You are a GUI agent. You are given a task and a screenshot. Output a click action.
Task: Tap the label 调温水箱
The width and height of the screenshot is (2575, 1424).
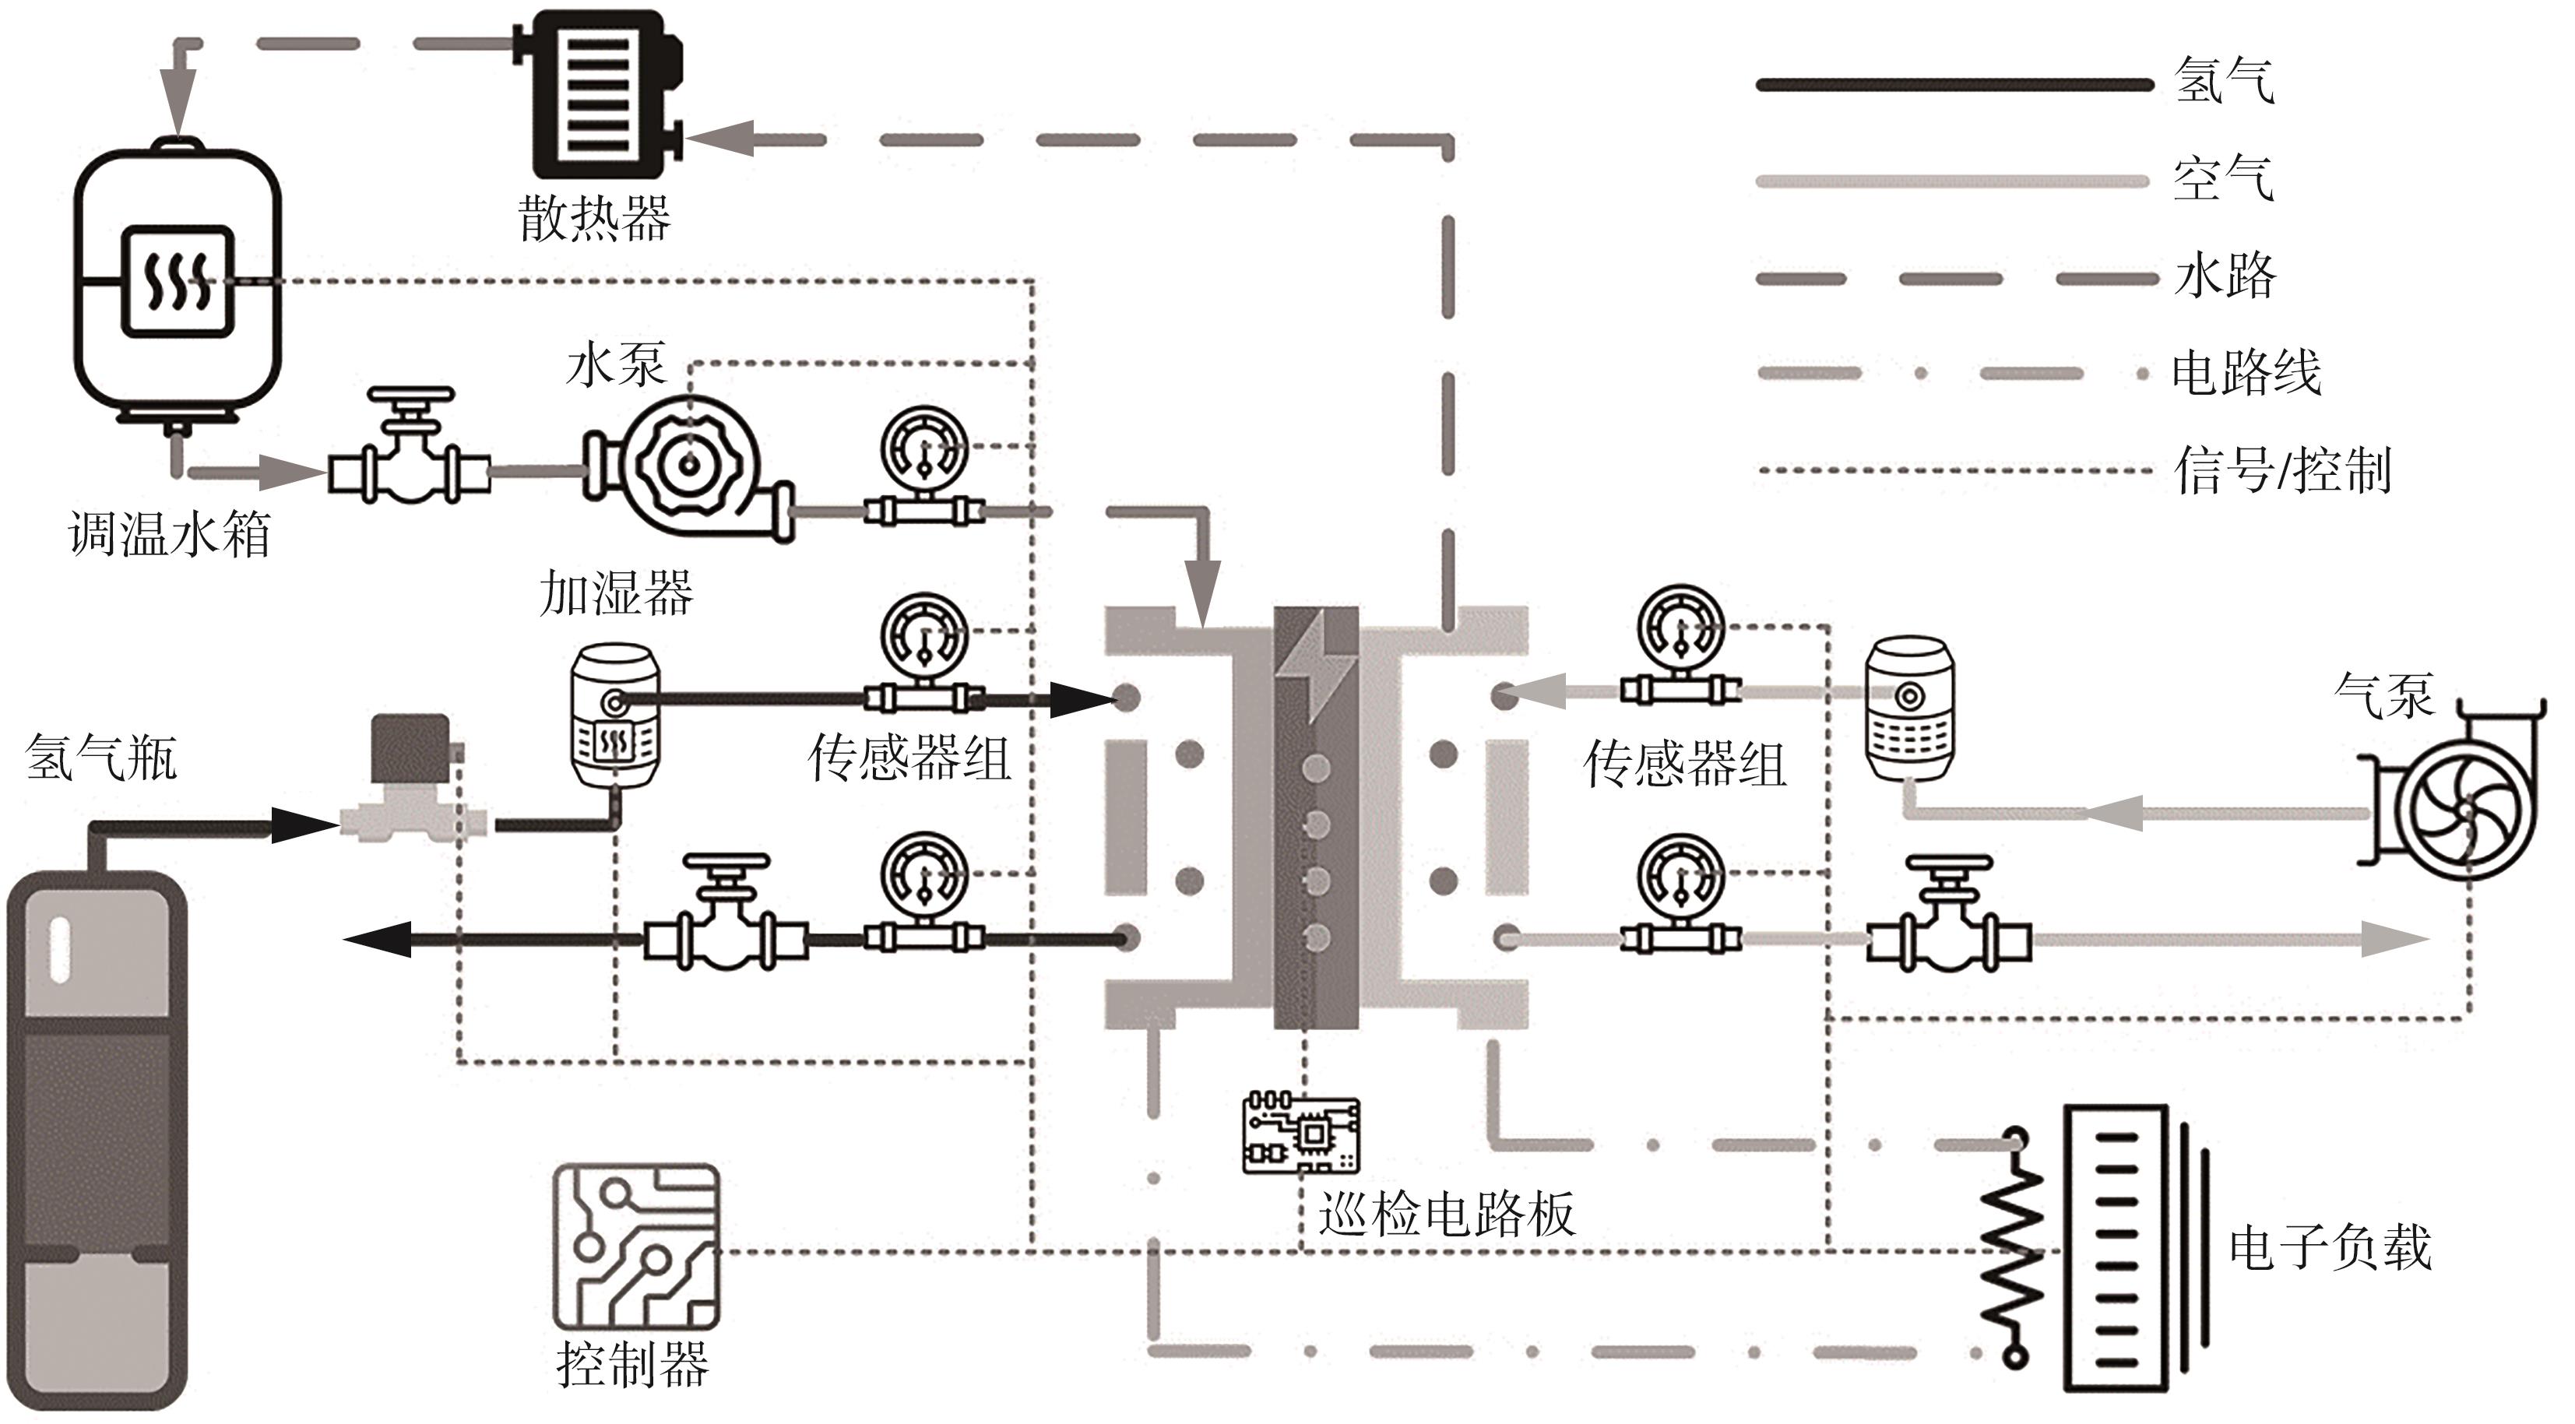click(170, 535)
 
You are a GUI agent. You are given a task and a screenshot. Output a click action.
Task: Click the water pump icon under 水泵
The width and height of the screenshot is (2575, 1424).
click(690, 466)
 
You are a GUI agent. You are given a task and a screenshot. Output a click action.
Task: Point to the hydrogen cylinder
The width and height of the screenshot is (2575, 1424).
click(97, 1139)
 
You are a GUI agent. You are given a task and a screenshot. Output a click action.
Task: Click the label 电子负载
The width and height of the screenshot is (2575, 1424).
click(2330, 1248)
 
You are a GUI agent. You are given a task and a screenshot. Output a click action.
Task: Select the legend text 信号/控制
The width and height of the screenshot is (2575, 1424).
click(2282, 469)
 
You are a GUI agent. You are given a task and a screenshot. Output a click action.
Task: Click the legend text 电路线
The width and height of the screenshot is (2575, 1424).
click(2246, 373)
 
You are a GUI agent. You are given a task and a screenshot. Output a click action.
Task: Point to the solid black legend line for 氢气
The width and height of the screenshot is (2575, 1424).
click(1954, 85)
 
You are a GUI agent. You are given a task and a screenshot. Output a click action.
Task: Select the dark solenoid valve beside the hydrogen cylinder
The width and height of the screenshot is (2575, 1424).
click(410, 775)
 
